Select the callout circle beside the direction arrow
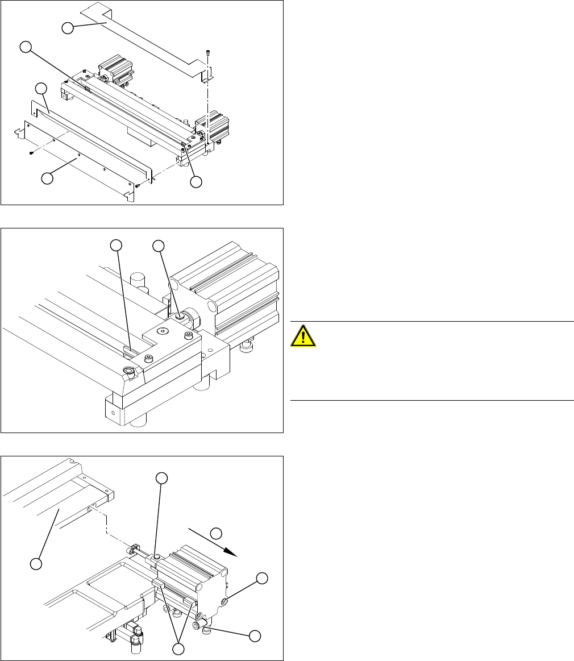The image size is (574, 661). pos(216,534)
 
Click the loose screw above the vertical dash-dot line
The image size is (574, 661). pos(210,52)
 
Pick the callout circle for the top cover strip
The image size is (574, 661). pos(68,27)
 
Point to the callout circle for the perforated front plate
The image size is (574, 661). pos(48,178)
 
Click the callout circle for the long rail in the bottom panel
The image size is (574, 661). pos(36,564)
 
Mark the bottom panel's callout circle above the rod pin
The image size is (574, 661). pos(162,478)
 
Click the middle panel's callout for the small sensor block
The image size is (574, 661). pos(116,246)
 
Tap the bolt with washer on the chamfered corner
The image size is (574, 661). pos(129,372)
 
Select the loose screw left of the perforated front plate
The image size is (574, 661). pos(32,152)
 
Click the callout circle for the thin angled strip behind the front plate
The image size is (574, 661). pos(41,89)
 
